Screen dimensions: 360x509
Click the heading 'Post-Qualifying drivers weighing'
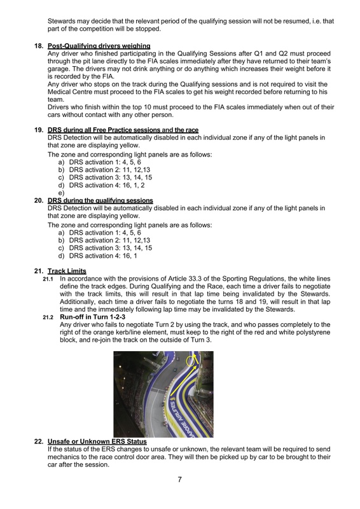tap(99, 46)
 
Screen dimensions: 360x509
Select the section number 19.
tap(39, 130)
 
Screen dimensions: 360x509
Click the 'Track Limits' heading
tap(67, 271)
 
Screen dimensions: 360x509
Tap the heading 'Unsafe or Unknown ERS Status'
tap(97, 442)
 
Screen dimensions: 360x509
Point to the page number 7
tap(180, 479)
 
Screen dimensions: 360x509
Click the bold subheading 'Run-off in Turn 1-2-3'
tap(92, 317)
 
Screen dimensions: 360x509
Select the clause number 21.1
tap(48, 279)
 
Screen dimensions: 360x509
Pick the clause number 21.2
tap(48, 317)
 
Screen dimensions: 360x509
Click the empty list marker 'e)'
tap(61, 193)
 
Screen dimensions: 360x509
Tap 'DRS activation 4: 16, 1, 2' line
tap(107, 185)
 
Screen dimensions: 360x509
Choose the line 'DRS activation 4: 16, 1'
tap(103, 256)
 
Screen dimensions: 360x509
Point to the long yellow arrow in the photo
tap(184, 378)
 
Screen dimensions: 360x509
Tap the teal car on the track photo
tap(174, 370)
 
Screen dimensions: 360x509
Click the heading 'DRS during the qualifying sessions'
tap(100, 200)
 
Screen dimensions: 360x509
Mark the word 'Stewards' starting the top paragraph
tap(61, 21)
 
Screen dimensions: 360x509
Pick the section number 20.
tap(39, 200)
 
